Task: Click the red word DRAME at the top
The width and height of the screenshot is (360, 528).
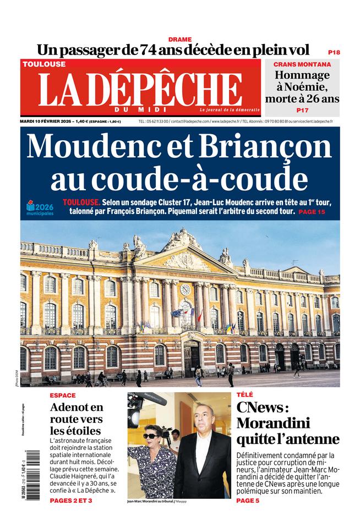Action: (x=180, y=40)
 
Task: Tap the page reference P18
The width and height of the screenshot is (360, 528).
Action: (x=334, y=52)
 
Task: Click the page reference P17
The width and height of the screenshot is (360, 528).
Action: (x=302, y=110)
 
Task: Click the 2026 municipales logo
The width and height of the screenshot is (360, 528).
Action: (x=40, y=208)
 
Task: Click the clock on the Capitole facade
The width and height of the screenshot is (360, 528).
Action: (x=185, y=289)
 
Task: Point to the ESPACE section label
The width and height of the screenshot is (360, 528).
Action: (x=62, y=395)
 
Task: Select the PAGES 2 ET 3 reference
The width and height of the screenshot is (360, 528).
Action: (x=71, y=501)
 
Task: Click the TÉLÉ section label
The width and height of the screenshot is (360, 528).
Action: (x=245, y=395)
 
